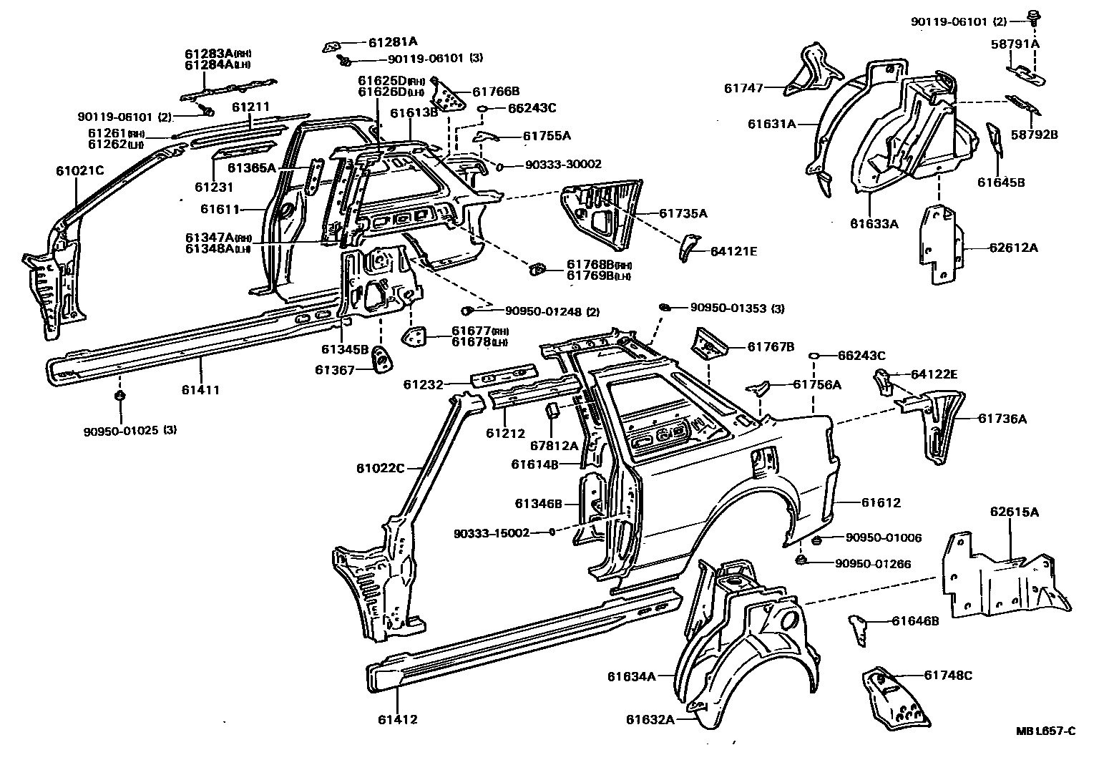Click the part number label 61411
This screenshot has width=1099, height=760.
pos(200,389)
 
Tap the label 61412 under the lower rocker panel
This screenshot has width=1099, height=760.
pos(397,720)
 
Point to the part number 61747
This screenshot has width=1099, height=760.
pos(743,88)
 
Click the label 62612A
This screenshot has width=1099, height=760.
pos(1013,248)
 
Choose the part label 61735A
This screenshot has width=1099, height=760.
pos(683,213)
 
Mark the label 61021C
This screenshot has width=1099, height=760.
pos(80,171)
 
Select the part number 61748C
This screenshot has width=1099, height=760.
pos(948,676)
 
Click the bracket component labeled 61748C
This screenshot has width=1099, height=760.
pos(895,697)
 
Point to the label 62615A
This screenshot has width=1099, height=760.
pos(1014,512)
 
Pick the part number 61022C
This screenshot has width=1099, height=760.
pos(381,469)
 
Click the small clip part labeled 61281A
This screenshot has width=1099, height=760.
pos(332,47)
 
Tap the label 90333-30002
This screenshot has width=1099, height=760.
pos(563,165)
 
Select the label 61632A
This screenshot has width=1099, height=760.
pos(650,720)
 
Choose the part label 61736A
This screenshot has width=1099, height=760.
pos(1002,419)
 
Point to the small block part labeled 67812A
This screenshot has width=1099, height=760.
pos(552,410)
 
